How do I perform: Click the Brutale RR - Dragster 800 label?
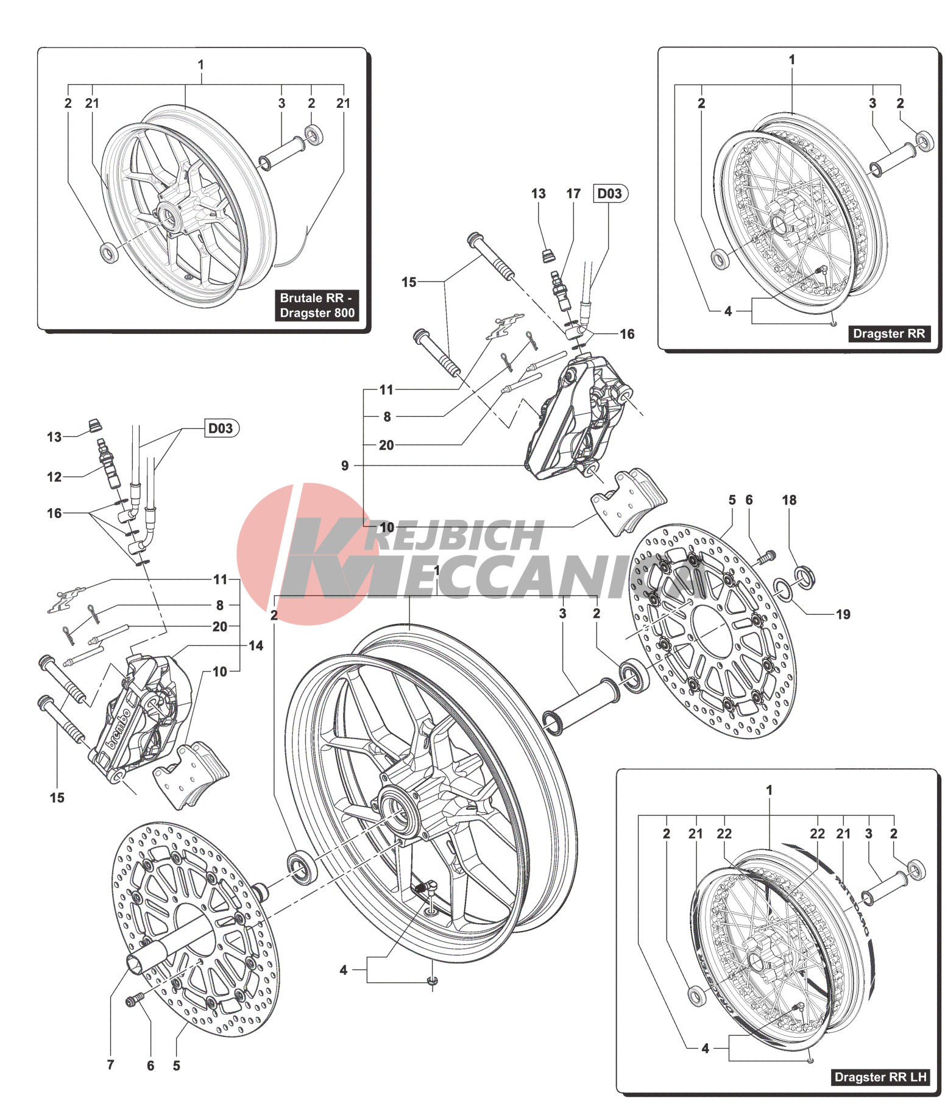(x=317, y=305)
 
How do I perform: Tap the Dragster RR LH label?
(x=880, y=1077)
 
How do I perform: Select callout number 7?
(x=110, y=1065)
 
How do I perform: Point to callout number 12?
(x=54, y=477)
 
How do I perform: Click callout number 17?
(x=573, y=194)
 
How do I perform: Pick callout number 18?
(x=789, y=500)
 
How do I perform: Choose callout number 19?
(x=843, y=614)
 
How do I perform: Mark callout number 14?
(x=256, y=645)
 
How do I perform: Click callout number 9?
(x=345, y=466)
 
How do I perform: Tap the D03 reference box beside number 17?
(x=610, y=194)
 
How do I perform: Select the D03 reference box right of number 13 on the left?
(x=221, y=428)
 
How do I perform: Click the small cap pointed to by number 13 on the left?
(x=94, y=424)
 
